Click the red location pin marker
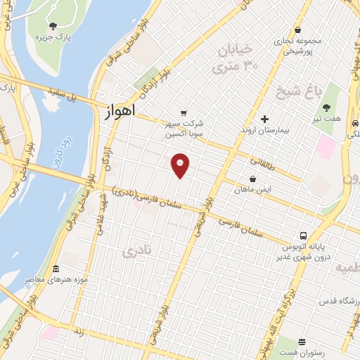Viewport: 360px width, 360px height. pyautogui.click(x=181, y=165)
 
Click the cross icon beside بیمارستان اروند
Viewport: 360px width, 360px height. pyautogui.click(x=265, y=120)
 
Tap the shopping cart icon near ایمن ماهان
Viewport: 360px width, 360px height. pyautogui.click(x=252, y=179)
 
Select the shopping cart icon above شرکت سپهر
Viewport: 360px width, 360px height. pyautogui.click(x=184, y=112)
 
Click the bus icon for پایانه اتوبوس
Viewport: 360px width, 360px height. pyautogui.click(x=303, y=236)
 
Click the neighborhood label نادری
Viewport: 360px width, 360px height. pyautogui.click(x=136, y=251)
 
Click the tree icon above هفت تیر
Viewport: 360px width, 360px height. pyautogui.click(x=327, y=108)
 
